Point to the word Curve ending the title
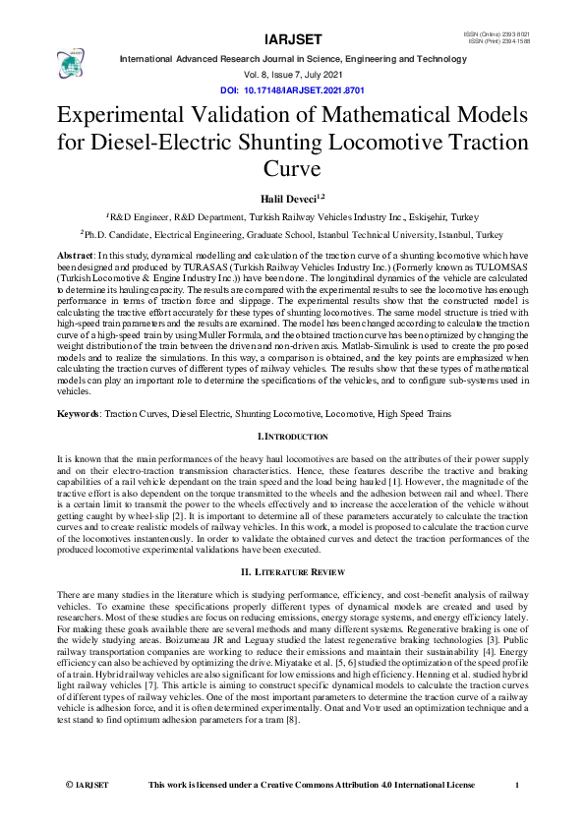coord(292,167)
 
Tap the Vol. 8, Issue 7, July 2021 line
coord(292,75)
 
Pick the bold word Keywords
coord(78,415)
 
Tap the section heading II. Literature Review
coord(292,570)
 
